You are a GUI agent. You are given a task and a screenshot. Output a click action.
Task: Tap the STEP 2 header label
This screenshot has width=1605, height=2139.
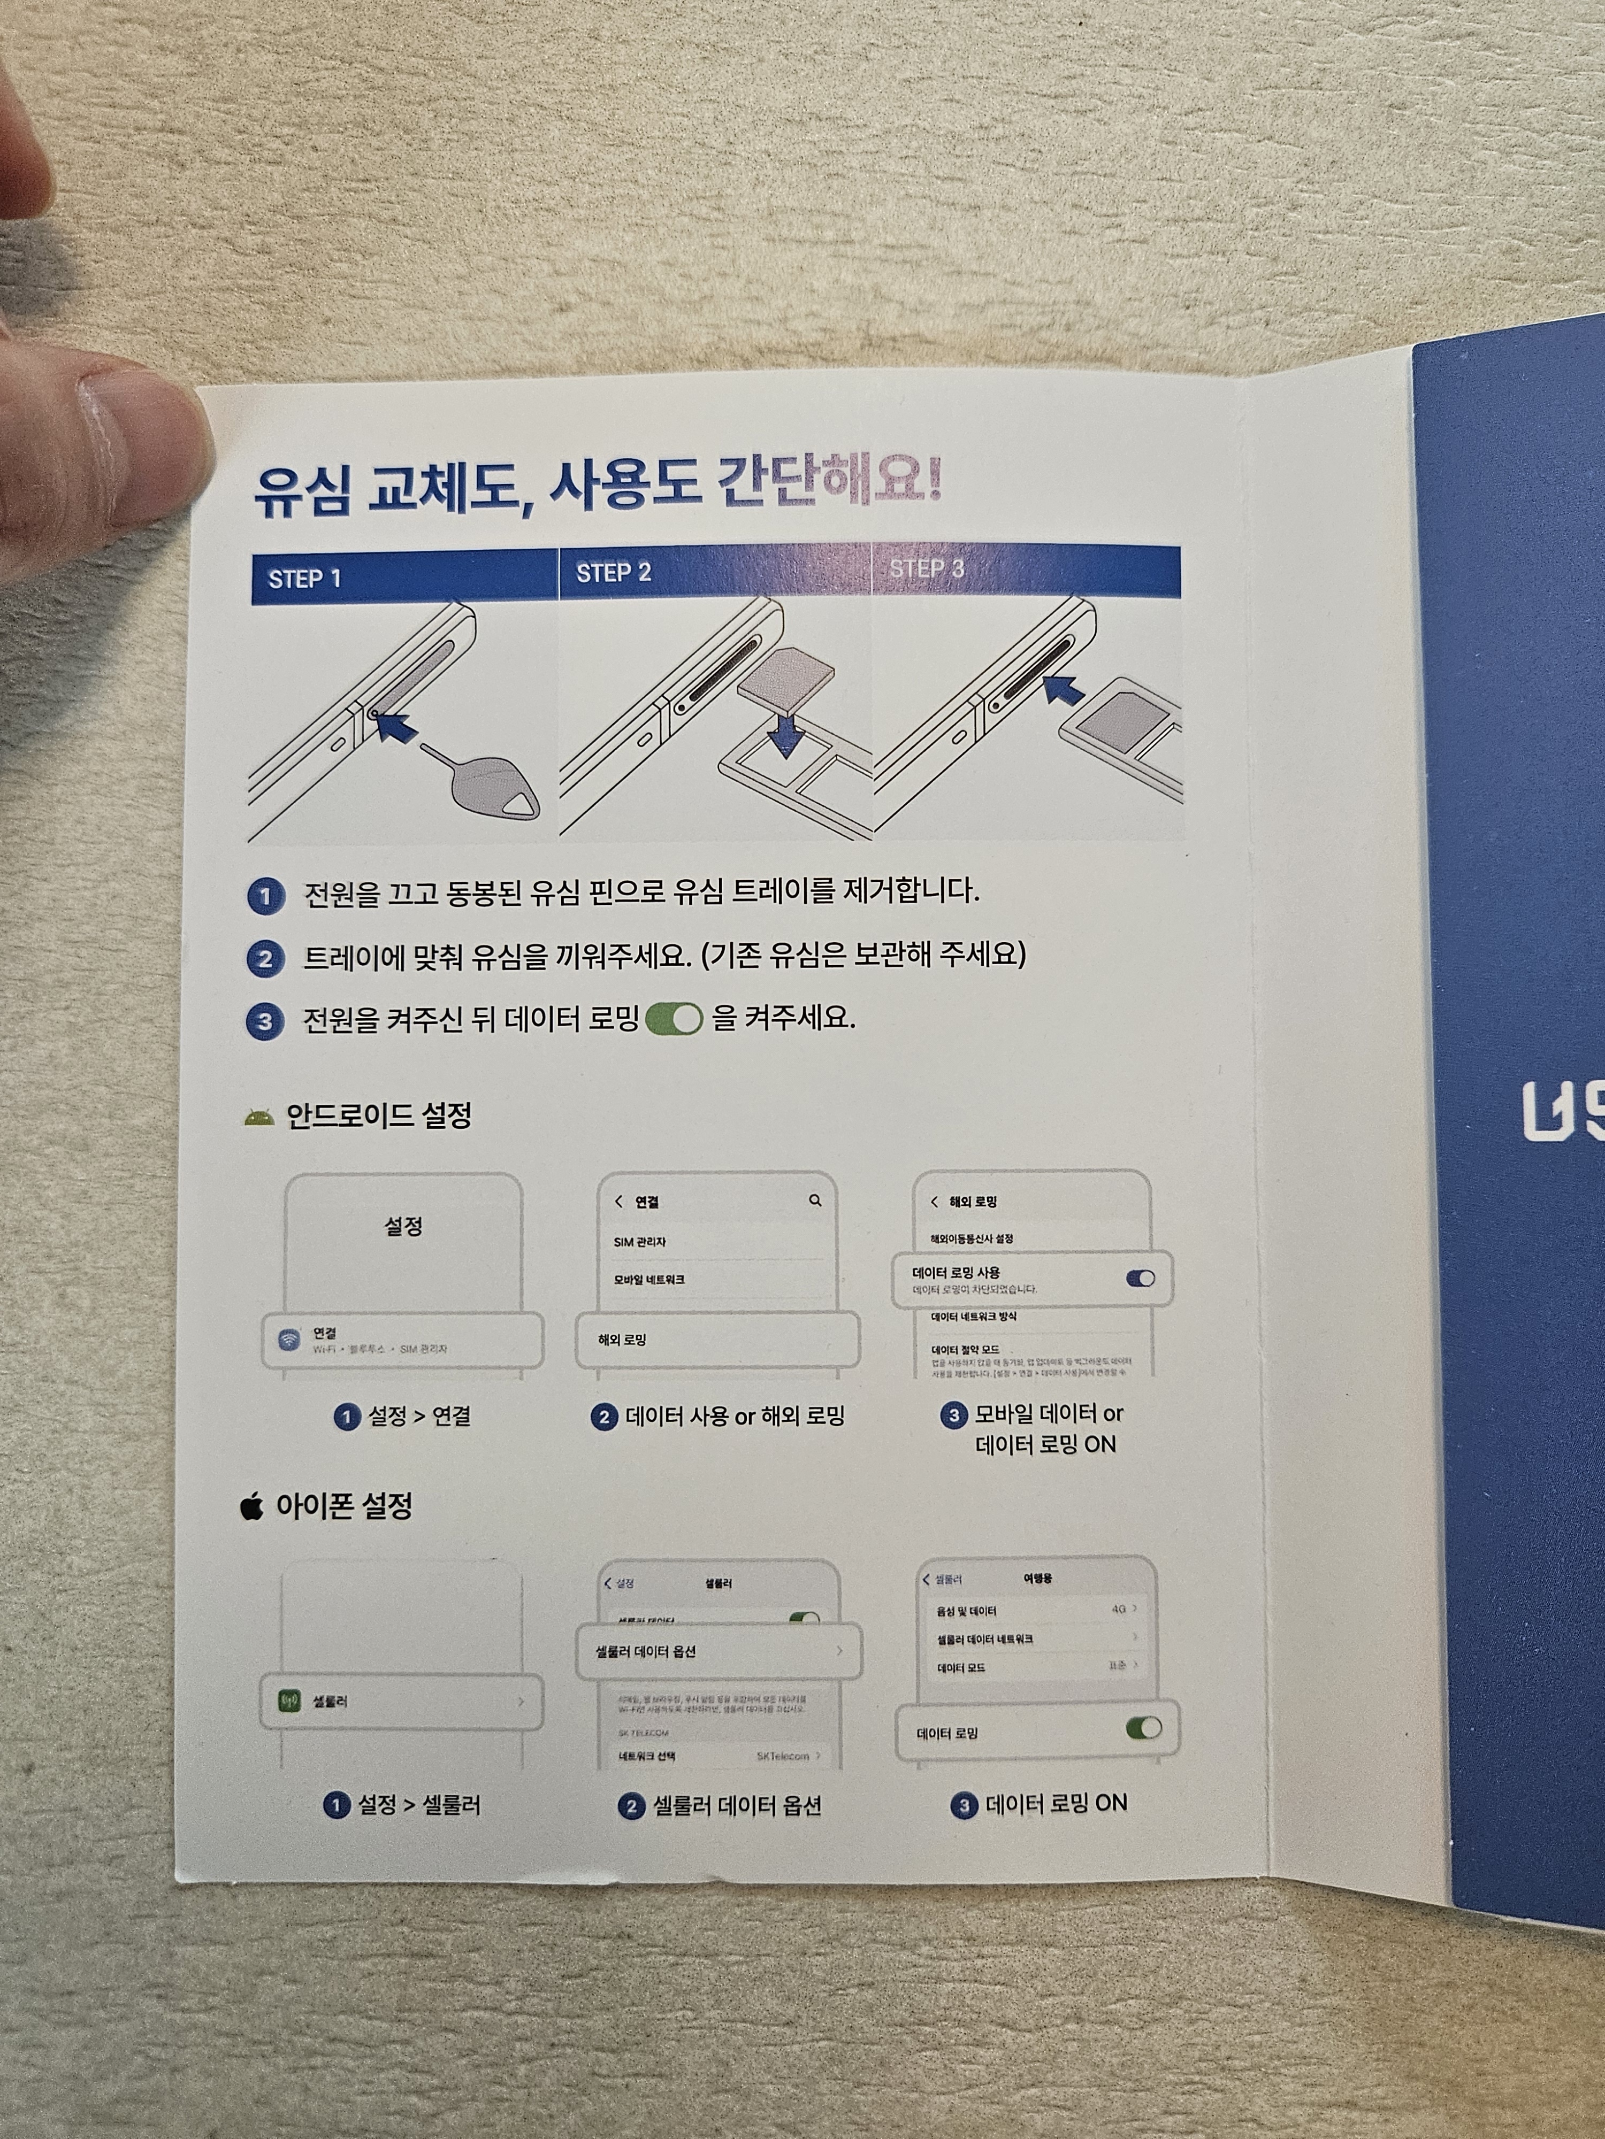pos(613,573)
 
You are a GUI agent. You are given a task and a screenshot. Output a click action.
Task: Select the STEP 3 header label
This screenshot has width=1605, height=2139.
pos(926,568)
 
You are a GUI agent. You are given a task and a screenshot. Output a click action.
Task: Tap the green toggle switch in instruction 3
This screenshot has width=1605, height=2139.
pos(674,1018)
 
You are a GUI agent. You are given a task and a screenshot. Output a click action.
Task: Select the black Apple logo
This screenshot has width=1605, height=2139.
pos(251,1506)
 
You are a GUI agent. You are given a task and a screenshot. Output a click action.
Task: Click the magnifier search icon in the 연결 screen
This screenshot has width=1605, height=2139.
pos(815,1200)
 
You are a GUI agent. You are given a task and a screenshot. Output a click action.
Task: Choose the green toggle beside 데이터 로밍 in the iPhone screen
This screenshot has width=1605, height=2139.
pos(1143,1728)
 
